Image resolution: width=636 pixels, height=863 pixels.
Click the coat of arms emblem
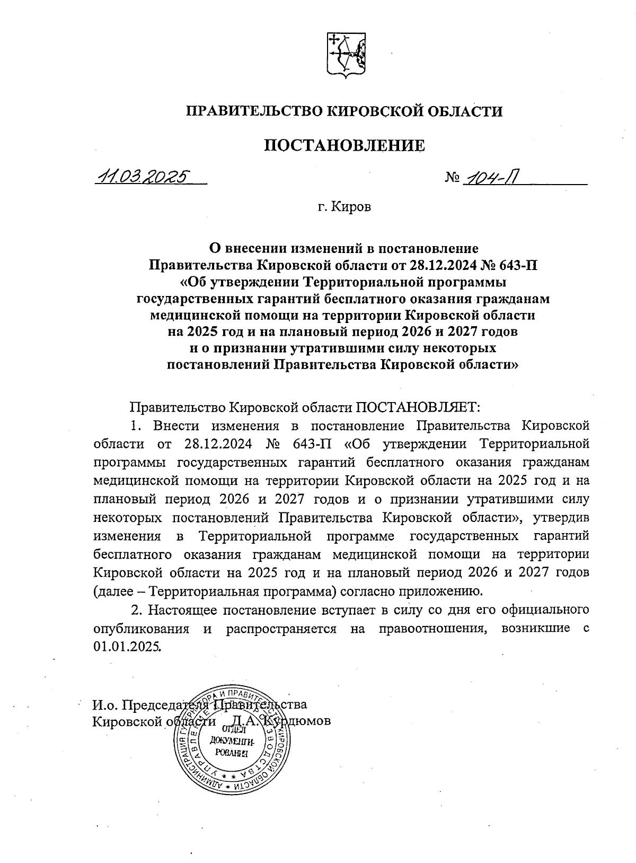click(x=345, y=55)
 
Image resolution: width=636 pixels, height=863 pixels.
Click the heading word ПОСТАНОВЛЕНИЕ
click(x=344, y=145)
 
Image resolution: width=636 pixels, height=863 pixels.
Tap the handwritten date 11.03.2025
click(x=142, y=177)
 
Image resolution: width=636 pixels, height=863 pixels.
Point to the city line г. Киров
click(x=344, y=207)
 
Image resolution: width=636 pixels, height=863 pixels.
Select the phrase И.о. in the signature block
click(x=105, y=705)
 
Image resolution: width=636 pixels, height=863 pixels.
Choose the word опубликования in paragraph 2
click(x=142, y=629)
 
